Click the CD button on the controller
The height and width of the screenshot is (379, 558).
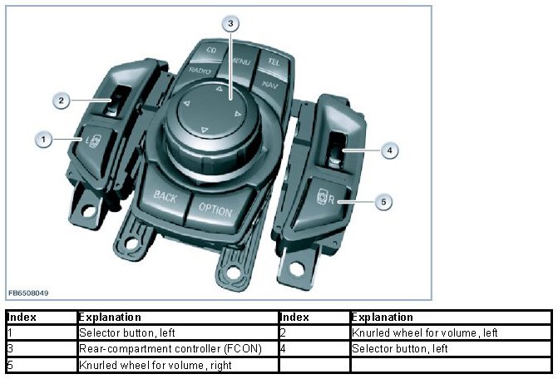coord(200,51)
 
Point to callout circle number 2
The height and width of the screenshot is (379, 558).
coord(62,101)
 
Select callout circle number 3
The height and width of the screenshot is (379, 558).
coord(231,22)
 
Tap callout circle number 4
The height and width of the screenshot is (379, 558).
coord(389,150)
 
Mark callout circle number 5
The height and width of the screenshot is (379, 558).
coord(383,201)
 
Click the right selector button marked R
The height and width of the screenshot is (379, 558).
coord(327,199)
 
